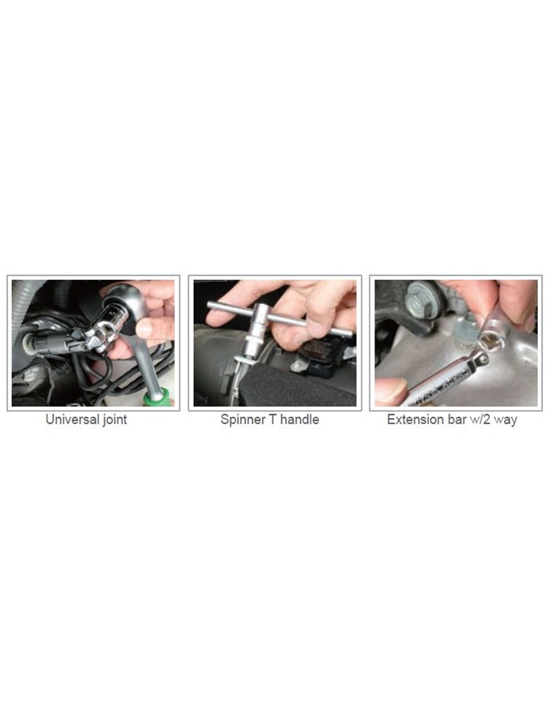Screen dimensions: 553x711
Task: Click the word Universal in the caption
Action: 73,419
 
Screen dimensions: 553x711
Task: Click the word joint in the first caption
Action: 115,420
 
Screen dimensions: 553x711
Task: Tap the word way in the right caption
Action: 506,421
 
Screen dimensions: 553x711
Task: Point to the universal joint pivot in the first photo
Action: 94,338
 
